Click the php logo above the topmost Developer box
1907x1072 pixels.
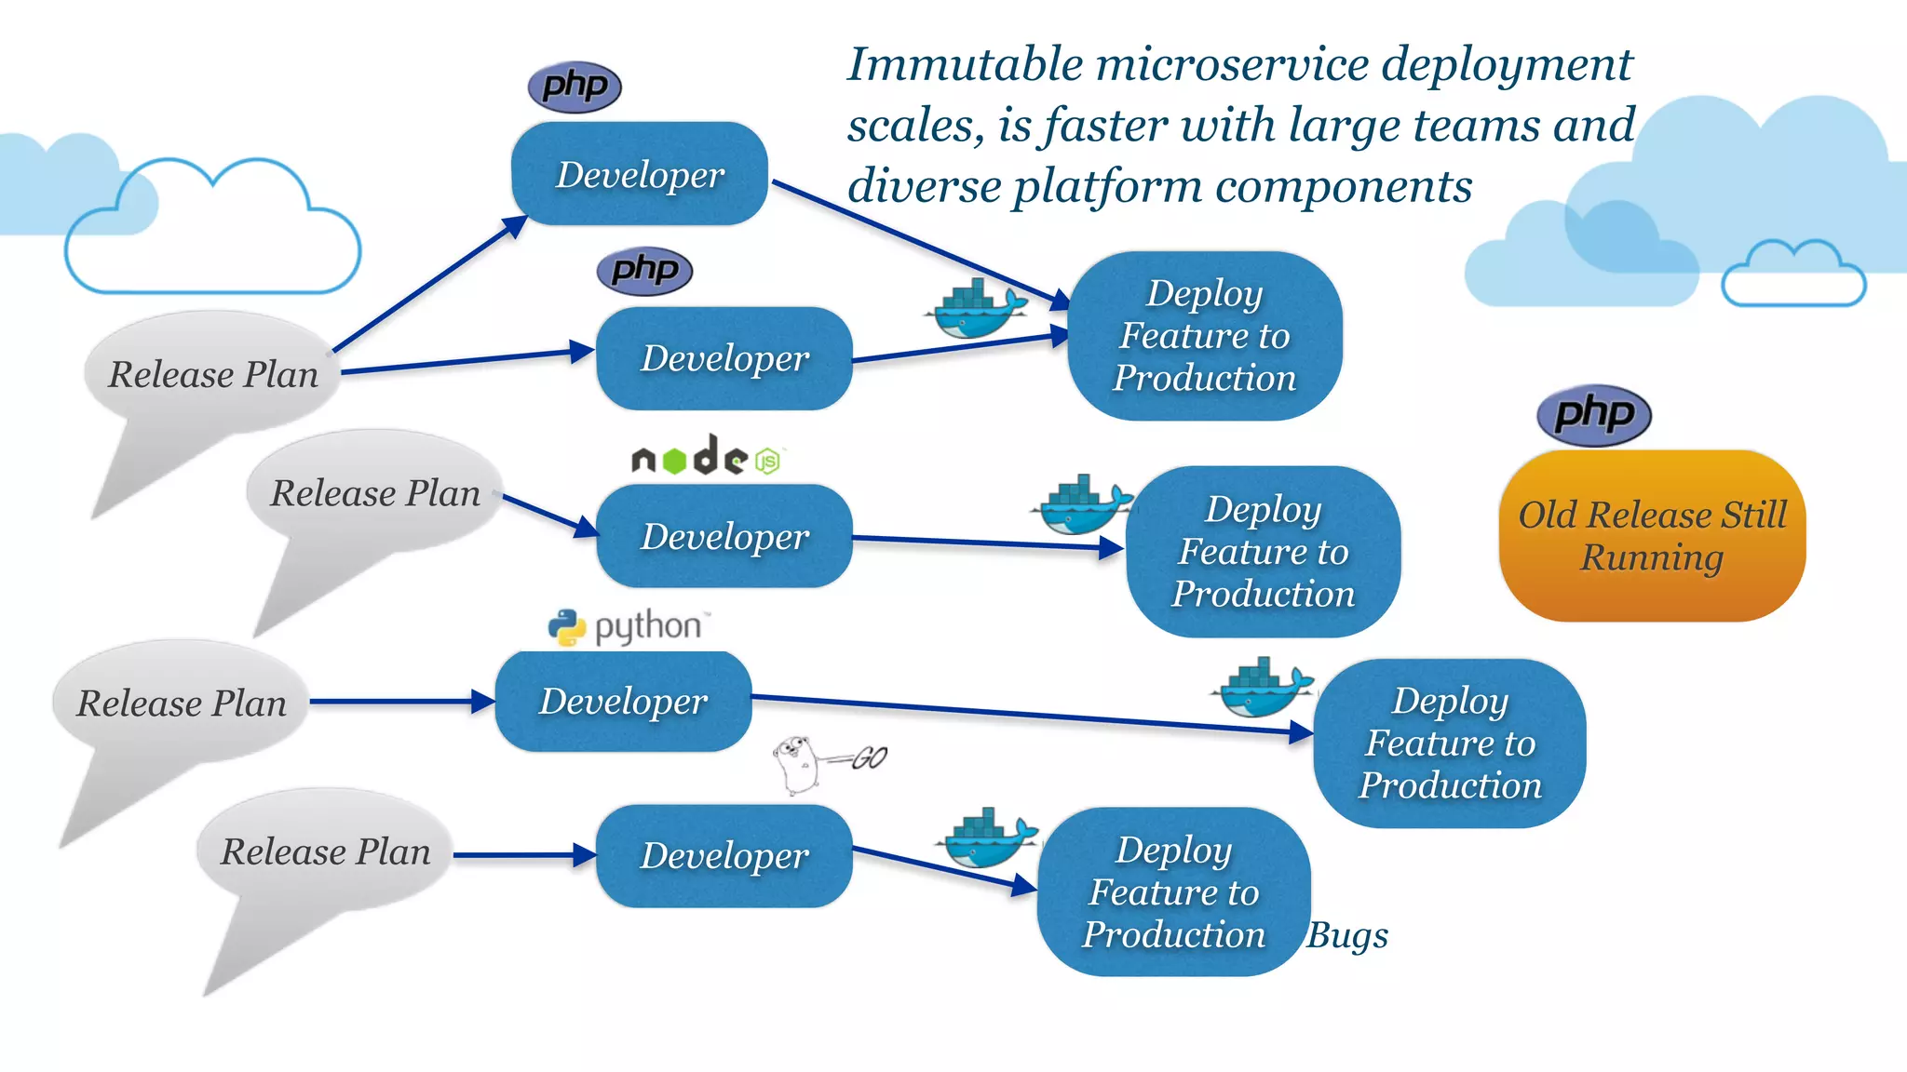click(575, 87)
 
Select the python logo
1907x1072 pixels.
click(629, 627)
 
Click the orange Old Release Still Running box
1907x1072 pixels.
click(1652, 536)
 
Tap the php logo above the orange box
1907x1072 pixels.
click(1593, 415)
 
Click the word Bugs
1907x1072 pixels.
click(1346, 935)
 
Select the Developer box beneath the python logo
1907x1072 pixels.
click(623, 702)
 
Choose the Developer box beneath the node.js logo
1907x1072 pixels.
click(724, 536)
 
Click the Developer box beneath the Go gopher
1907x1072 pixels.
click(724, 856)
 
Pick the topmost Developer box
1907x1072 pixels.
click(640, 174)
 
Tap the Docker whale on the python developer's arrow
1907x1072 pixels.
click(1263, 688)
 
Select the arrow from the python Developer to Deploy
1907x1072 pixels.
click(1024, 714)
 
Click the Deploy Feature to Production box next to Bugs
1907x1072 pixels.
click(1173, 891)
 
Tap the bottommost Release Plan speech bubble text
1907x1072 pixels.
click(325, 851)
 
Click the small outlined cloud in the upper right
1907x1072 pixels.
click(1793, 276)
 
